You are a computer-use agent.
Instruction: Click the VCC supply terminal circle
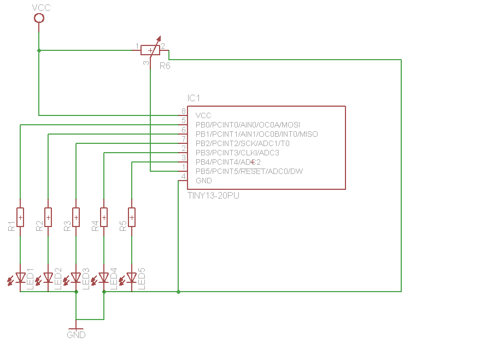39,18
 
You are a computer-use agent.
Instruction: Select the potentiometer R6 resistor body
150,50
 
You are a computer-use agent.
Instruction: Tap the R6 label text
165,66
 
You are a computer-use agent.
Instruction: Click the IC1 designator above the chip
194,98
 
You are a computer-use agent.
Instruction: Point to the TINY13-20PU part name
213,196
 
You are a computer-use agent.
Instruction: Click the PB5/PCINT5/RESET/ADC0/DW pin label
249,171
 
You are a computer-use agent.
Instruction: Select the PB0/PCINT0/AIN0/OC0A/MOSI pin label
248,125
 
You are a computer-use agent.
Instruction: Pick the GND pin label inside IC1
204,181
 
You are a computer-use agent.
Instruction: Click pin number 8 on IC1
184,111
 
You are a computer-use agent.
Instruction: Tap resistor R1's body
20,218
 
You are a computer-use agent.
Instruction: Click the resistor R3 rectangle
76,218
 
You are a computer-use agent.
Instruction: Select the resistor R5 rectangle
132,218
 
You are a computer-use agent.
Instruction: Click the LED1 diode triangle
20,277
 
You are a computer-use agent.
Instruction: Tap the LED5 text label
142,278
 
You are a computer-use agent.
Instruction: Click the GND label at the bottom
76,335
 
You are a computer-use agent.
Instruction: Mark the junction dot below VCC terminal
39,50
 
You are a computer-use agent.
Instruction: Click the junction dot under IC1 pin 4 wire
178,292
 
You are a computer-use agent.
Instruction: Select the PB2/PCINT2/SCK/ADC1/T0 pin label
242,143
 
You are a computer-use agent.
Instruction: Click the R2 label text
39,226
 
